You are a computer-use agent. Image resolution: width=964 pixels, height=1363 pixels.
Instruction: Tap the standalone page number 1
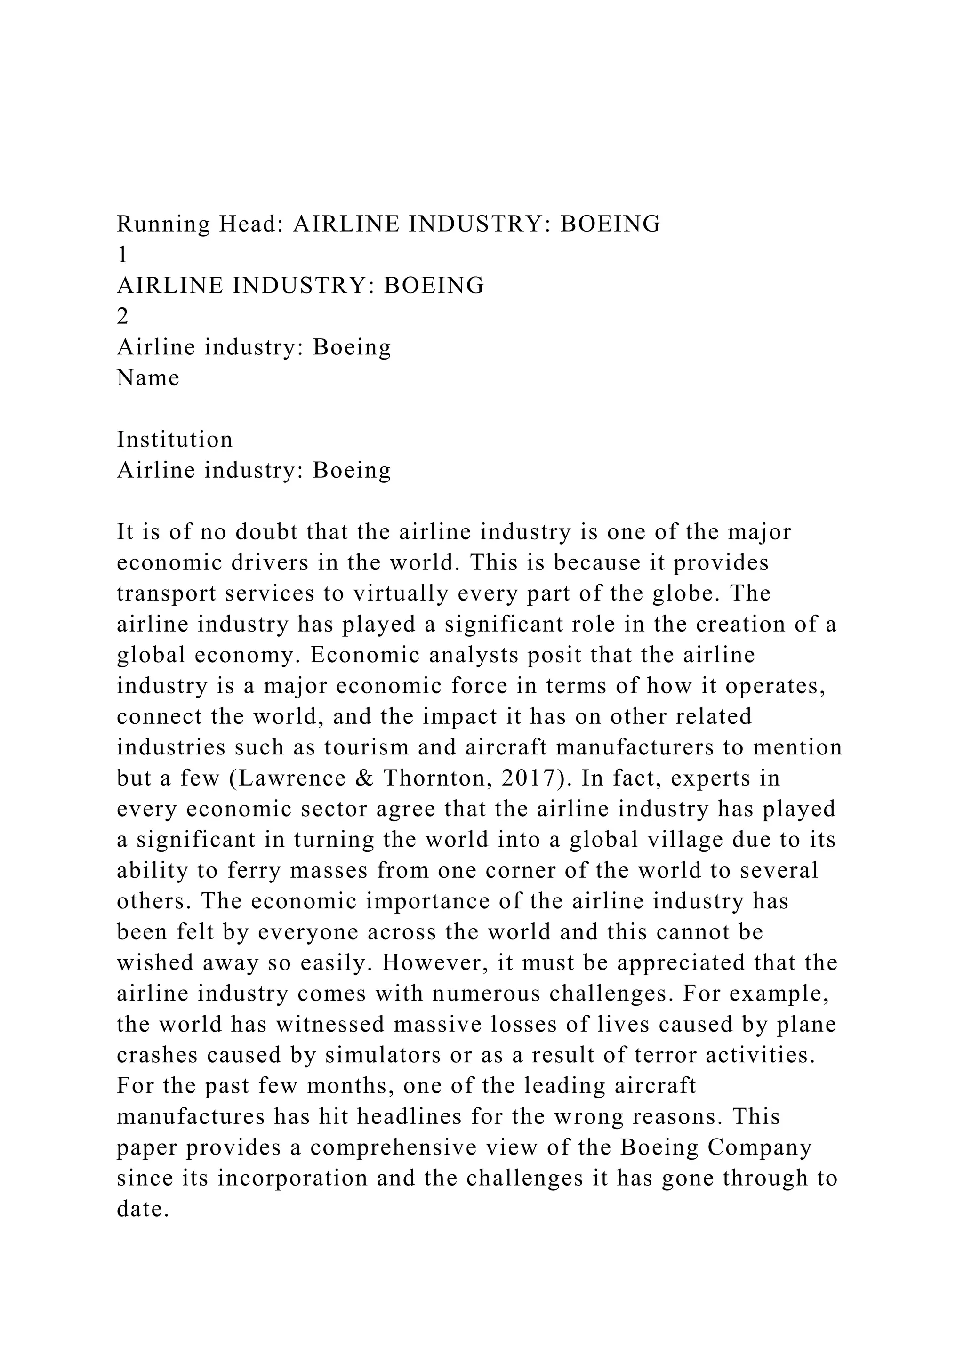(122, 255)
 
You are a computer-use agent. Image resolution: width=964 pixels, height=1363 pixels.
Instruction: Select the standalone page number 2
(123, 317)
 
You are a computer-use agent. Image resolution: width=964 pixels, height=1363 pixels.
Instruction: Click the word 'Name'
(148, 378)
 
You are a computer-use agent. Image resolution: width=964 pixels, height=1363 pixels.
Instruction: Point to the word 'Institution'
(175, 440)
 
